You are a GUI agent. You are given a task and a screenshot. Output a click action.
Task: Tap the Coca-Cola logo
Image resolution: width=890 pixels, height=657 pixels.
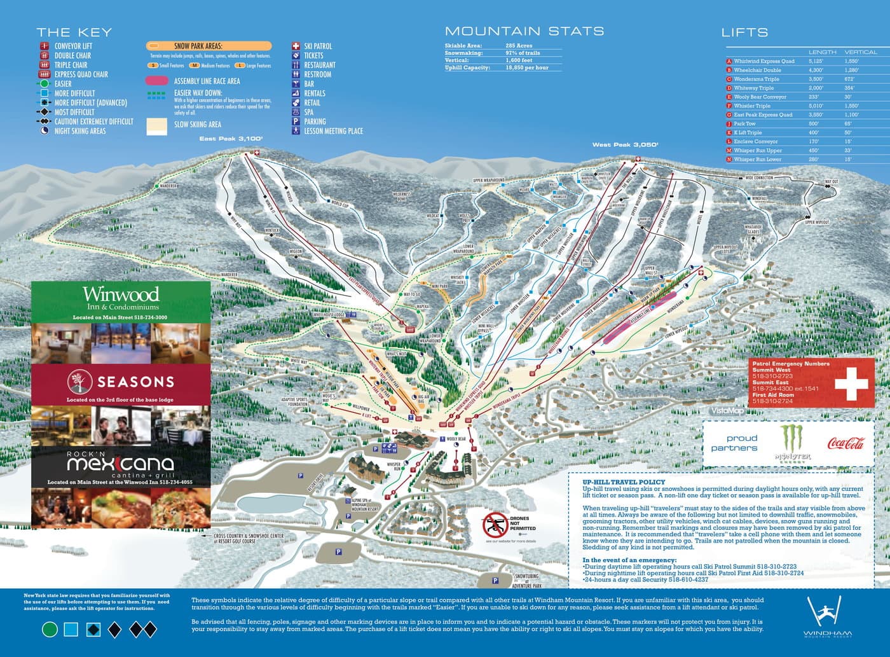pos(845,443)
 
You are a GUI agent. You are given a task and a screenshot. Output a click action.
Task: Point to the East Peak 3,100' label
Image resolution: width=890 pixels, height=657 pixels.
pos(231,138)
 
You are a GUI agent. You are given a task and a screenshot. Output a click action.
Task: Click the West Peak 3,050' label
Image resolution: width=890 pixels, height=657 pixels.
pos(625,144)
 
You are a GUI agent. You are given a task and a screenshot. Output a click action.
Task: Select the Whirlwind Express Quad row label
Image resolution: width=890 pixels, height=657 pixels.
pos(763,61)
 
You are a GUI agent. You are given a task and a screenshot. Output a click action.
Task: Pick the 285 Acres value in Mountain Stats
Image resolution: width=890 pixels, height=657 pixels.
pos(519,46)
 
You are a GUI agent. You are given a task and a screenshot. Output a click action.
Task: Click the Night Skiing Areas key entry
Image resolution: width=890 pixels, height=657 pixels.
pos(80,131)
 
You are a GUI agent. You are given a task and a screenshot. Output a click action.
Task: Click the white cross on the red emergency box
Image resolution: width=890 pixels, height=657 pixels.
pos(851,382)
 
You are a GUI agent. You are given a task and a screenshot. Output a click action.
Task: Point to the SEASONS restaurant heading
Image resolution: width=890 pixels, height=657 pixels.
pos(135,382)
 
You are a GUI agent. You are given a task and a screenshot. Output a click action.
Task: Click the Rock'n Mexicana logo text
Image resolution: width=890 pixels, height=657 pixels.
pos(120,463)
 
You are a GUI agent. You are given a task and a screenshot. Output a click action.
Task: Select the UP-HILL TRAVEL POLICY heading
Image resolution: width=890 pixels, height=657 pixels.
pos(623,482)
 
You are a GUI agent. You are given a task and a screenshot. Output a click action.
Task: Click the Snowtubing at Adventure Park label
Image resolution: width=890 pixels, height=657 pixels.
pos(527,581)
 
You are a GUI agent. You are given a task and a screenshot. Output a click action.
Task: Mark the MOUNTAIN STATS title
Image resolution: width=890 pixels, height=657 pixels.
pos(524,31)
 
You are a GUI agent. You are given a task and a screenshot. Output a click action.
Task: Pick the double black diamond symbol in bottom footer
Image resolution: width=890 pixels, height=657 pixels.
pos(143,630)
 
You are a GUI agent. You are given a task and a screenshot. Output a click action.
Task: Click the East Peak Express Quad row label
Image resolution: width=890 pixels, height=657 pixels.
pos(763,114)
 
